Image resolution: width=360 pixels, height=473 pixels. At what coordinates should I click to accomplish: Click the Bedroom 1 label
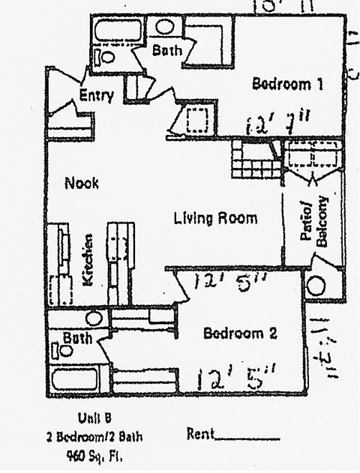pyautogui.click(x=287, y=84)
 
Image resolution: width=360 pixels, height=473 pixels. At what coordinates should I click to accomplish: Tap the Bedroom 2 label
pyautogui.click(x=238, y=333)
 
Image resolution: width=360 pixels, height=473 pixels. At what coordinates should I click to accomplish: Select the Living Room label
pyautogui.click(x=215, y=219)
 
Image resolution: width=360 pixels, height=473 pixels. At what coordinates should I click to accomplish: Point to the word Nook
pyautogui.click(x=82, y=182)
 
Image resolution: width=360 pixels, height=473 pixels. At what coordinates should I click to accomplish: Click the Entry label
pyautogui.click(x=96, y=95)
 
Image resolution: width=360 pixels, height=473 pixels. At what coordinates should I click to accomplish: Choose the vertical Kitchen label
pyautogui.click(x=87, y=259)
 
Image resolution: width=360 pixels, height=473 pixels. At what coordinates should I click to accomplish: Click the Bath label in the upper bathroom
pyautogui.click(x=165, y=51)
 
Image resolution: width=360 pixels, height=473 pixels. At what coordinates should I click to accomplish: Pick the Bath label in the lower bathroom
pyautogui.click(x=76, y=338)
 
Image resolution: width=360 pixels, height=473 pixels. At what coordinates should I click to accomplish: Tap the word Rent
pyautogui.click(x=199, y=434)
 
